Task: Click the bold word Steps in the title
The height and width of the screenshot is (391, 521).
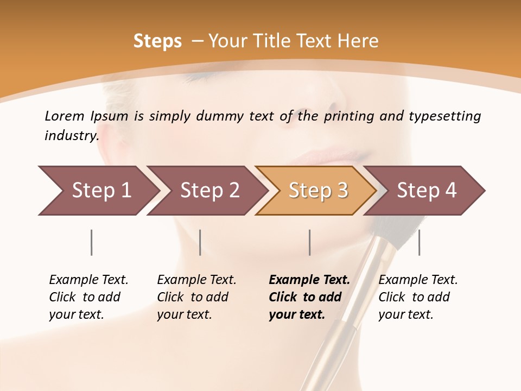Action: pos(157,41)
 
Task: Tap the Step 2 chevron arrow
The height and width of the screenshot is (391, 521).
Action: pos(206,191)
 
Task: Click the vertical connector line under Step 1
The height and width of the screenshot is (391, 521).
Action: pos(92,242)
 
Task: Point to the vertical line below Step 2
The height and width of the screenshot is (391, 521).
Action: pos(200,242)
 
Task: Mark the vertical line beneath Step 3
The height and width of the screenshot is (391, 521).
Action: pos(310,242)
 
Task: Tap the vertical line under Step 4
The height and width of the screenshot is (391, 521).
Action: pos(419,242)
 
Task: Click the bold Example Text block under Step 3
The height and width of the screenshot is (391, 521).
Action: pos(309,297)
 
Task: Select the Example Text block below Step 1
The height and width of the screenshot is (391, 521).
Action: pos(88,297)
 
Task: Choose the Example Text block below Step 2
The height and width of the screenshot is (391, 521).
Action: pos(196,297)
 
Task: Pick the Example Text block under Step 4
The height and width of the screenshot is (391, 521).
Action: pos(418,297)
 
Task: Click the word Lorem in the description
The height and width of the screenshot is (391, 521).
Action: pos(65,116)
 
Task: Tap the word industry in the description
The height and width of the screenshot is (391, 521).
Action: pos(71,136)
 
